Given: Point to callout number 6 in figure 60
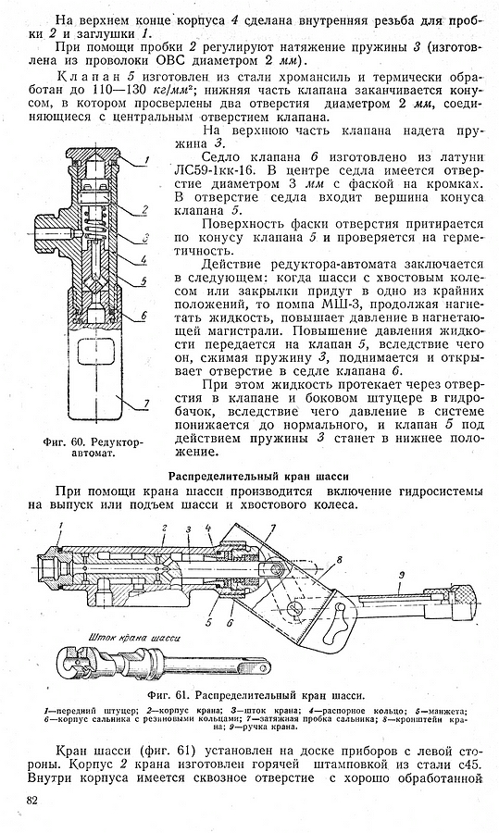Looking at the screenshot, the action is [x=143, y=315].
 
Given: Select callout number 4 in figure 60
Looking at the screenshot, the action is [x=144, y=260].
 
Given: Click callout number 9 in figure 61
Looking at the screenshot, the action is [x=403, y=574].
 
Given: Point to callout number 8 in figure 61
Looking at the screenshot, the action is [x=339, y=559].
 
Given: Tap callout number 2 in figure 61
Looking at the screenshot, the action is [x=166, y=528].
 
